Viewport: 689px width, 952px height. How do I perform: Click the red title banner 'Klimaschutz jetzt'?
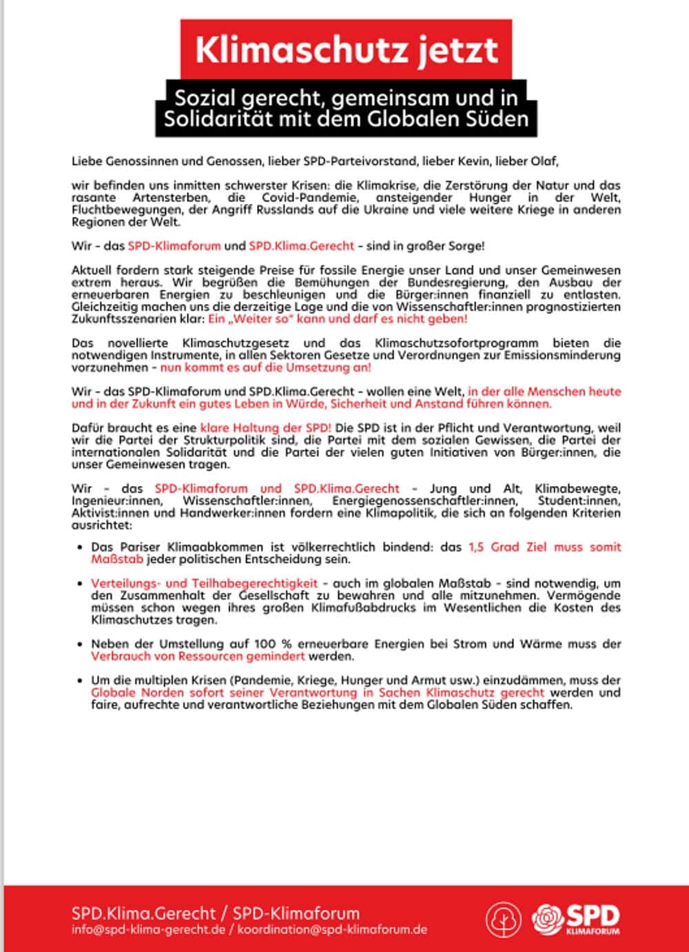coord(346,50)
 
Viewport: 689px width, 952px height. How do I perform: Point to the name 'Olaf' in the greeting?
coord(544,162)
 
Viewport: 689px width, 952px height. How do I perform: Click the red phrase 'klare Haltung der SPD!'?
coord(266,428)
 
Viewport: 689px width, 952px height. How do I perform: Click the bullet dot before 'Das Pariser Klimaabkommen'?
coord(81,547)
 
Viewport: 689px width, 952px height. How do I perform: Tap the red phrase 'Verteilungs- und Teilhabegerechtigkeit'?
coord(204,583)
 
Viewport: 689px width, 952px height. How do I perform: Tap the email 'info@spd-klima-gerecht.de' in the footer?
coord(148,929)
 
